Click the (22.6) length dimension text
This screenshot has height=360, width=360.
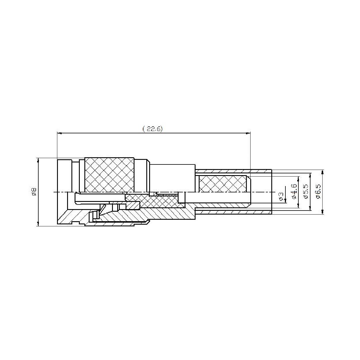152,129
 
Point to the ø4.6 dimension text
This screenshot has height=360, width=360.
294,192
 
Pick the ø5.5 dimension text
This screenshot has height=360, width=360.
306,192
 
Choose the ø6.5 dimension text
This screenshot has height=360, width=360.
319,192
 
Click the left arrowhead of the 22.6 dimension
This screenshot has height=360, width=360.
59,133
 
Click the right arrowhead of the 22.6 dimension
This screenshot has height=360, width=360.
248,133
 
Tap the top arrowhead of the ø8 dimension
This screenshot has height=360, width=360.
38,160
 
